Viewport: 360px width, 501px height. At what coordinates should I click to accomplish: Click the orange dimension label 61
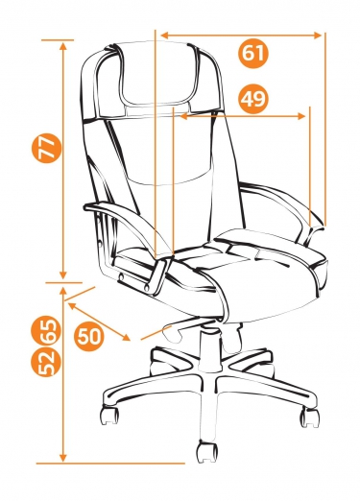coord(252,53)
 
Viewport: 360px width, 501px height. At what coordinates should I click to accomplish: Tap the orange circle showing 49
coord(252,99)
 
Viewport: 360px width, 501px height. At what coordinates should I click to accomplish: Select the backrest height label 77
coord(47,149)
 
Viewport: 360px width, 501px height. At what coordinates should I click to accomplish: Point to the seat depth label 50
coord(89,336)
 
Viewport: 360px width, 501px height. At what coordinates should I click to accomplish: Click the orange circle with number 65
coord(46,330)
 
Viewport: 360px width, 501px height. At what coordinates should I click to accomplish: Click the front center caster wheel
coord(206,452)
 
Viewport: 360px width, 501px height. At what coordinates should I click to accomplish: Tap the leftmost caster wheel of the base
coord(109,416)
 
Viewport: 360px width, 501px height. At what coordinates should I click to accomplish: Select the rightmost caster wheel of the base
coord(309,417)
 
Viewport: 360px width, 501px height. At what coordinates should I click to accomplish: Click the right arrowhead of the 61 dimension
coord(317,36)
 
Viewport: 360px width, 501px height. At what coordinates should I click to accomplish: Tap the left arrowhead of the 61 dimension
coord(164,36)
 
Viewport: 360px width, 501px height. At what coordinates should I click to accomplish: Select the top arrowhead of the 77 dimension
coord(63,46)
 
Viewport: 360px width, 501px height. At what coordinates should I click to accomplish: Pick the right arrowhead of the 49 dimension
coord(301,116)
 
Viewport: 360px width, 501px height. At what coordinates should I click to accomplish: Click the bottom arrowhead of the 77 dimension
coord(63,274)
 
